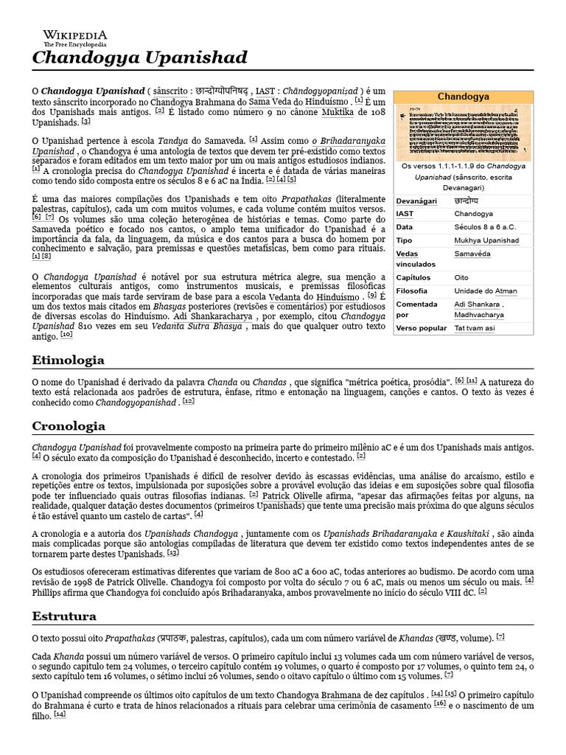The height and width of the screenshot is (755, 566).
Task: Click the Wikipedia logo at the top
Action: click(74, 38)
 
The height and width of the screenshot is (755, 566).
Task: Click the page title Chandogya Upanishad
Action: click(139, 58)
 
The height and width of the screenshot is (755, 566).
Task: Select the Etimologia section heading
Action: click(69, 360)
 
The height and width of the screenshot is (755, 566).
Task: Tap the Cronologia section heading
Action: click(69, 426)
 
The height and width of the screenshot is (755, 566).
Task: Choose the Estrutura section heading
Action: click(64, 616)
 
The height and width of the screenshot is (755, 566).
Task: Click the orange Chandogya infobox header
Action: click(463, 97)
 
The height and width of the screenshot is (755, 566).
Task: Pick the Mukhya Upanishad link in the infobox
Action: click(486, 240)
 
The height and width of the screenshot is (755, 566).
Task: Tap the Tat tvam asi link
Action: click(474, 327)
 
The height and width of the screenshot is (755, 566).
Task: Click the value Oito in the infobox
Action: click(461, 277)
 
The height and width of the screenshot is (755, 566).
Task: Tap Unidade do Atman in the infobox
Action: click(485, 290)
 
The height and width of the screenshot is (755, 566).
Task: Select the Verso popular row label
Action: click(421, 327)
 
